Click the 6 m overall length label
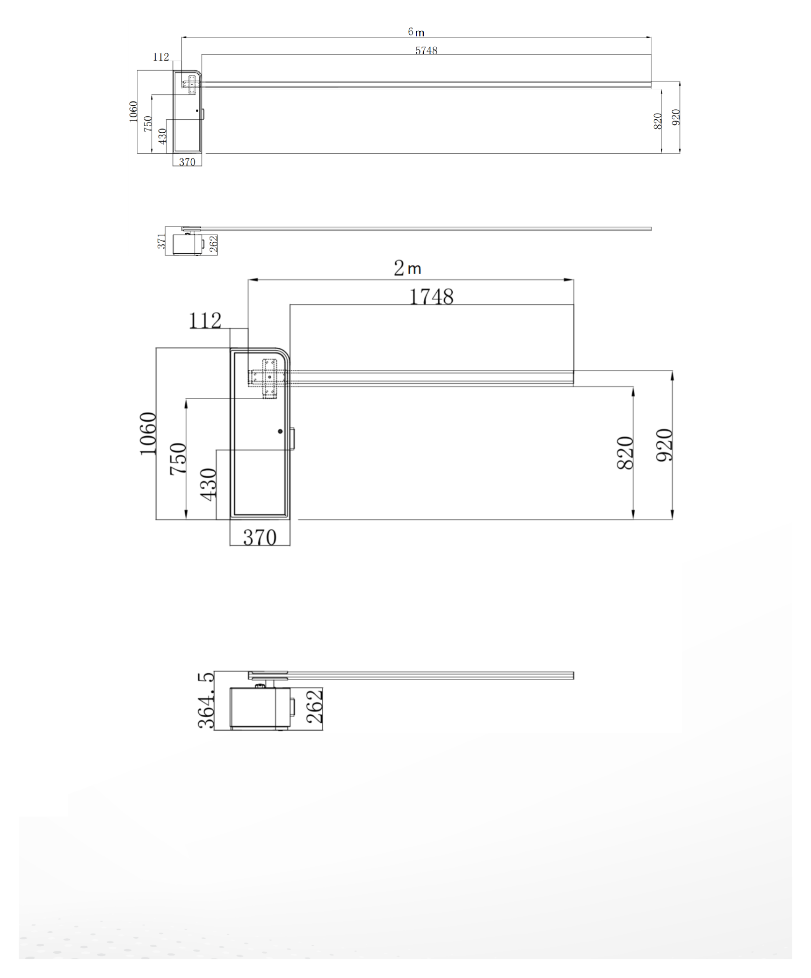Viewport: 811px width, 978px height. (x=416, y=32)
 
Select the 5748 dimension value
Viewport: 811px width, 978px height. (x=426, y=50)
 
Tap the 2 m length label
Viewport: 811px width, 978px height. (x=407, y=268)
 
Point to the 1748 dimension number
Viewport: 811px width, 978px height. (x=431, y=296)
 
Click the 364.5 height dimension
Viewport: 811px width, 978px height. (x=206, y=700)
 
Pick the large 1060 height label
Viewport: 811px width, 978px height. (x=148, y=433)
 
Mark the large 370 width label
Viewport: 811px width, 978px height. (x=260, y=538)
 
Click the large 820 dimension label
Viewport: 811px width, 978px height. (x=625, y=453)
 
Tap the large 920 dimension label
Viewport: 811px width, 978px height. (x=664, y=445)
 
